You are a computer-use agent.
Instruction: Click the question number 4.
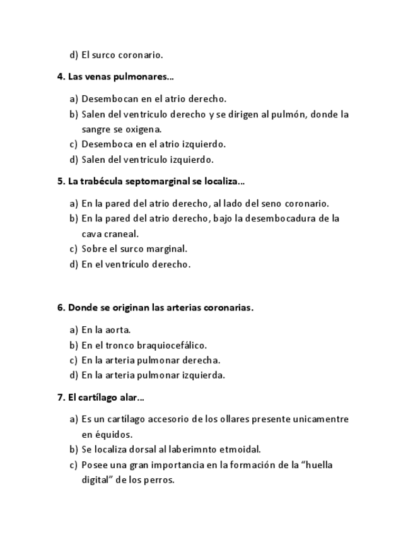pos(61,77)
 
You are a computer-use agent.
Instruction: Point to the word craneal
pos(120,234)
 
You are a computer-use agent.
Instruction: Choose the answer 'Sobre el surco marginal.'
pos(134,249)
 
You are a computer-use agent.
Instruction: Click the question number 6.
pos(61,308)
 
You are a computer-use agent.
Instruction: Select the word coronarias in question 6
pos(229,308)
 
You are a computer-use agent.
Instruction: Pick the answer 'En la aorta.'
pos(106,330)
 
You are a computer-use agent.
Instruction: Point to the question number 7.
pos(61,397)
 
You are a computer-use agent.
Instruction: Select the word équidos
pos(114,435)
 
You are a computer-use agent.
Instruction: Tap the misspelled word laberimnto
pos(189,450)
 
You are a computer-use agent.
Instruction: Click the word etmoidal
pos(240,450)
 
